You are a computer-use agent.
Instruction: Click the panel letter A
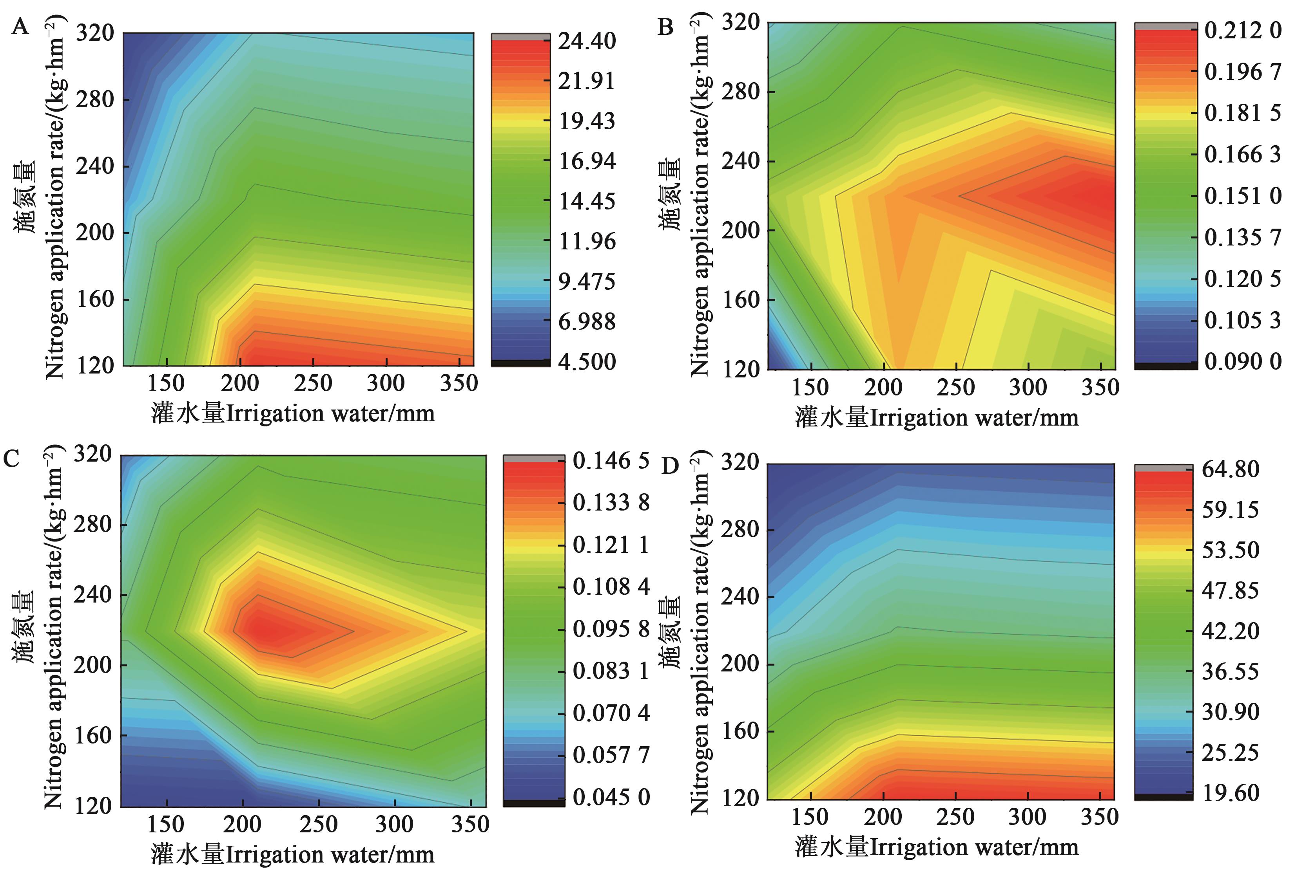click(20, 26)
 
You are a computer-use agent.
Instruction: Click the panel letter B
click(665, 26)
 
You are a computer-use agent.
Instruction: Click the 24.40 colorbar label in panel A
click(587, 41)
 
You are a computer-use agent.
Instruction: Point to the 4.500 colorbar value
click(587, 362)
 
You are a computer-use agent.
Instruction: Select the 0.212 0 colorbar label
click(1242, 30)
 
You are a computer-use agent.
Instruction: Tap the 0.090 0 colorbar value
click(1242, 362)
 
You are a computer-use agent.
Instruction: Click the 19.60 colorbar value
click(1230, 792)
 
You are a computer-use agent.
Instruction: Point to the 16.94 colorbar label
click(587, 161)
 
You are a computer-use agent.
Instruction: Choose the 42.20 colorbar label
click(1230, 631)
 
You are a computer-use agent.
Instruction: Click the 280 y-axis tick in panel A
click(95, 100)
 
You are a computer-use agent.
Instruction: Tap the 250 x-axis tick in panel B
click(956, 387)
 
